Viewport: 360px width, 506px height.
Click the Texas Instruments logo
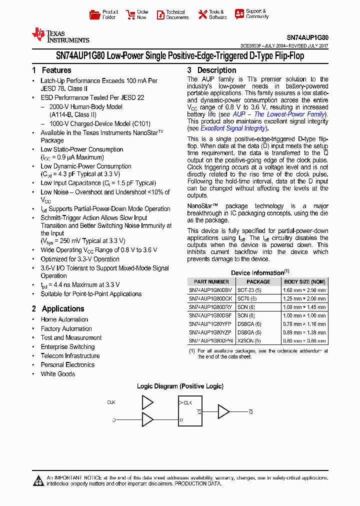pos(60,35)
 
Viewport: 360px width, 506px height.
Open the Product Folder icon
pos(94,14)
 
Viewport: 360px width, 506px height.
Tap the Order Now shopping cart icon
pos(130,14)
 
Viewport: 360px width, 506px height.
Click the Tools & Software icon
pos(202,14)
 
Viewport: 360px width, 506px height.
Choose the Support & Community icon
pos(239,14)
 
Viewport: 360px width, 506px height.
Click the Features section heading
pos(51,70)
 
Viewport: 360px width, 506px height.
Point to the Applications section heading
pos(57,309)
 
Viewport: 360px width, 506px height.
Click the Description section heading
pos(211,70)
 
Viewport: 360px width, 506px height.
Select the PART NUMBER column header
pos(211,282)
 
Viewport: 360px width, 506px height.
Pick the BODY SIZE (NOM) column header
pos(304,282)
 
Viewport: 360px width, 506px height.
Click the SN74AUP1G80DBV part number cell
pos(210,290)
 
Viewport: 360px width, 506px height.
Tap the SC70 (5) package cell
pos(248,298)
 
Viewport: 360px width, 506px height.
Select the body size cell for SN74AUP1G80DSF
pos(304,315)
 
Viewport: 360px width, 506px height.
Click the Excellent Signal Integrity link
pos(233,128)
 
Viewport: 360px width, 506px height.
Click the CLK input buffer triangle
pos(148,402)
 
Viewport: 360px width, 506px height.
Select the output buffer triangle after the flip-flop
pos(223,411)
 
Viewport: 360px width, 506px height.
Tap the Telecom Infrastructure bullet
pos(70,356)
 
